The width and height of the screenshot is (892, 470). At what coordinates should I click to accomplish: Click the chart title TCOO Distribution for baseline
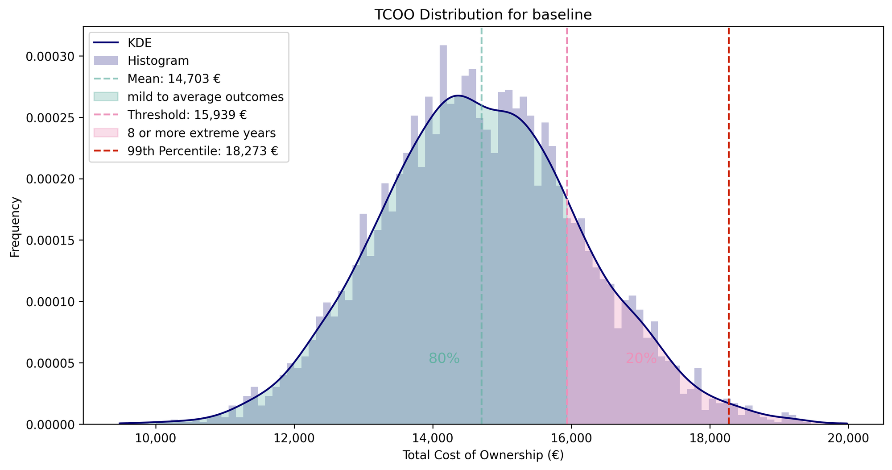483,15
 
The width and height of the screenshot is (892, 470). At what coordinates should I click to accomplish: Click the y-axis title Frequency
15,227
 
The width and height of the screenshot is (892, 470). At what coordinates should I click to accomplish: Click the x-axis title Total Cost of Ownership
483,455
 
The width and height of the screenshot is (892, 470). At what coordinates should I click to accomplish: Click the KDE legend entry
140,43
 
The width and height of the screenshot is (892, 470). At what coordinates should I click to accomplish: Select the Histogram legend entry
158,61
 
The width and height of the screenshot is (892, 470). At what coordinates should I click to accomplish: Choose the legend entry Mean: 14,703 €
174,79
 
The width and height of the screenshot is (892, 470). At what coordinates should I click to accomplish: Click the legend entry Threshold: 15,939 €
187,115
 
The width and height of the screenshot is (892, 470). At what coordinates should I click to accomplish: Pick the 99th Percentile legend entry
202,151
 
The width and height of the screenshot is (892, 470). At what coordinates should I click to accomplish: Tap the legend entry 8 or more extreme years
201,133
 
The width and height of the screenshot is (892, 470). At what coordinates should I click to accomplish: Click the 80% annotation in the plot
444,358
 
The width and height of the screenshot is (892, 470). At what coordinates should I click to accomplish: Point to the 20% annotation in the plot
641,358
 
